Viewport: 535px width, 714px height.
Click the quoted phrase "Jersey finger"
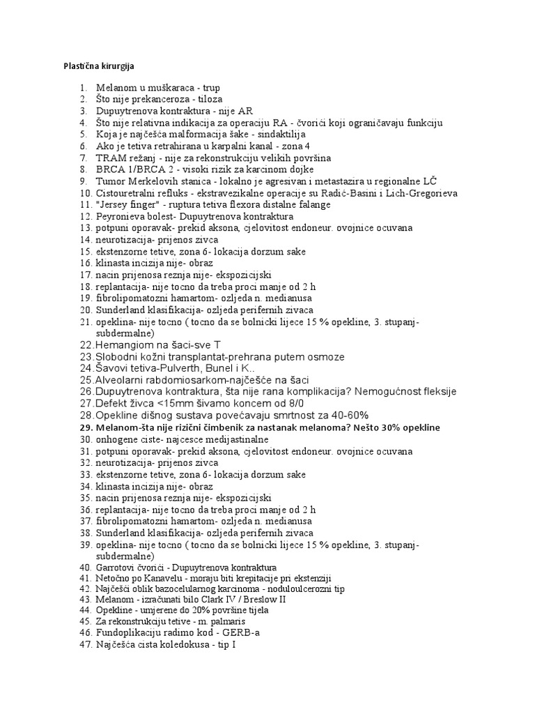tap(126, 205)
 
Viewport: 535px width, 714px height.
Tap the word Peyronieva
tap(120, 217)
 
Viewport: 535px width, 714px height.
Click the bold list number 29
tap(86, 427)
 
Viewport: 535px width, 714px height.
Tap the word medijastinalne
tap(229, 439)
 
